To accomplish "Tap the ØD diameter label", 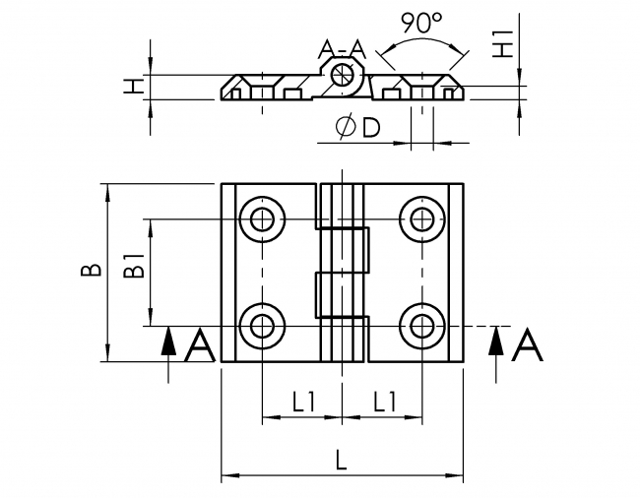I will [x=357, y=129].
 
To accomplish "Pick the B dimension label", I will [x=89, y=271].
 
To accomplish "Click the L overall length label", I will [x=342, y=459].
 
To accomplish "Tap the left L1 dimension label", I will [x=302, y=401].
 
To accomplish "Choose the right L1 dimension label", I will [x=381, y=401].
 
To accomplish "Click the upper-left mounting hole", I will [x=262, y=218].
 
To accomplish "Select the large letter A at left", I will [x=200, y=346].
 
